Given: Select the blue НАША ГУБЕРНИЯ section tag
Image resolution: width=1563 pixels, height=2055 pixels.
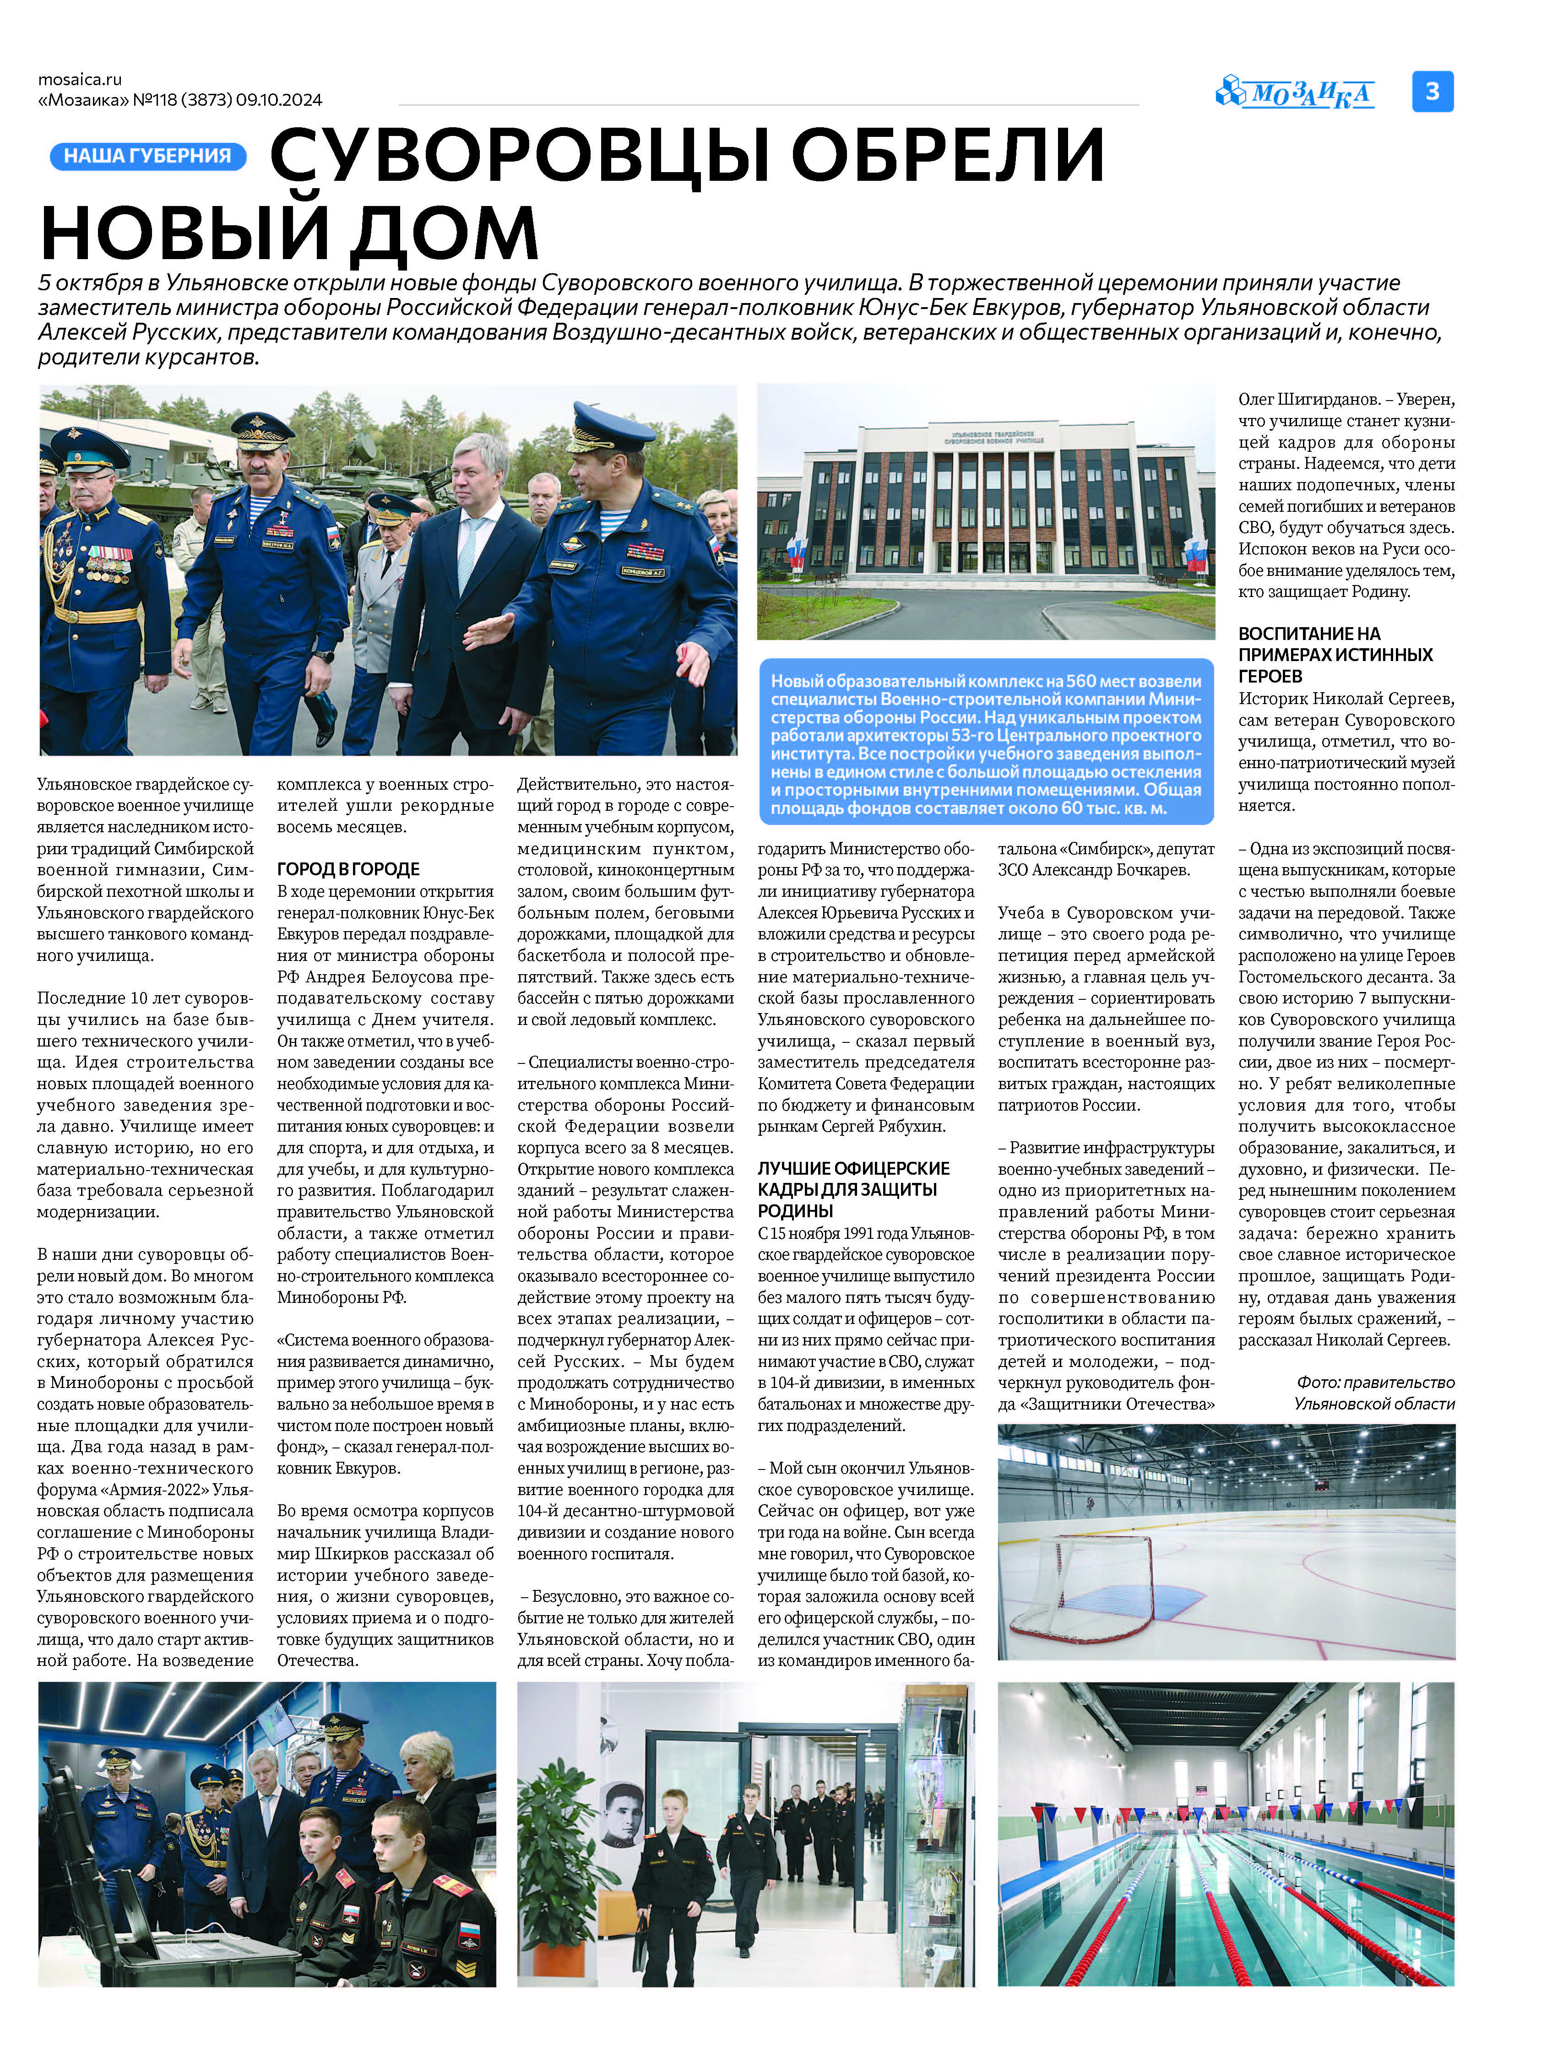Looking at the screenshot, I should coord(147,156).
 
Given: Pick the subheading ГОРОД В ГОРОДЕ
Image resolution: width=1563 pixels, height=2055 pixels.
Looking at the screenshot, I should coord(348,869).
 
